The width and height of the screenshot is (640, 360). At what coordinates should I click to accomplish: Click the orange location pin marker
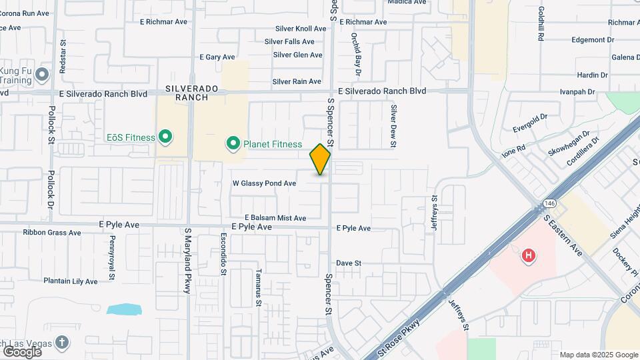320,159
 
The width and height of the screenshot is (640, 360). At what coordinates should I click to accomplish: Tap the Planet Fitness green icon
233,143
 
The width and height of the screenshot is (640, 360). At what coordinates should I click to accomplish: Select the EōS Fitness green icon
165,138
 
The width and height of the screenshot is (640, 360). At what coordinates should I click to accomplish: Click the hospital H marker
529,255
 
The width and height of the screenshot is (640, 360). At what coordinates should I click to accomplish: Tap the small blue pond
124,309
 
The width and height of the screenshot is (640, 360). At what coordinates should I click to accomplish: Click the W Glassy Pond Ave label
264,183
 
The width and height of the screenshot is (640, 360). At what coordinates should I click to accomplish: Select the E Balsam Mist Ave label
275,218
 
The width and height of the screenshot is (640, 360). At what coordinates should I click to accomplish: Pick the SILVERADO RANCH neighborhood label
187,93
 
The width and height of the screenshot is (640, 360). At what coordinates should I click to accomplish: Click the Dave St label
348,263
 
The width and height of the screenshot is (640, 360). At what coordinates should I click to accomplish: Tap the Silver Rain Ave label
297,81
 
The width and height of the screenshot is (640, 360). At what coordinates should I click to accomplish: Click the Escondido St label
223,254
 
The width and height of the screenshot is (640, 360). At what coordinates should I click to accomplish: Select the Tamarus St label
258,288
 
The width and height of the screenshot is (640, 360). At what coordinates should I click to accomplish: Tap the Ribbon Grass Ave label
51,233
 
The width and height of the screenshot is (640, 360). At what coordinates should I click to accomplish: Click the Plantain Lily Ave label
71,281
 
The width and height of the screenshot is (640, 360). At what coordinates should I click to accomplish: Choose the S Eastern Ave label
563,235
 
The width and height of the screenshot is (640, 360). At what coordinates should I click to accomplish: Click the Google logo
21,351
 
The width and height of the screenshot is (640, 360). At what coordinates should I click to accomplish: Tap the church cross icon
62,342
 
